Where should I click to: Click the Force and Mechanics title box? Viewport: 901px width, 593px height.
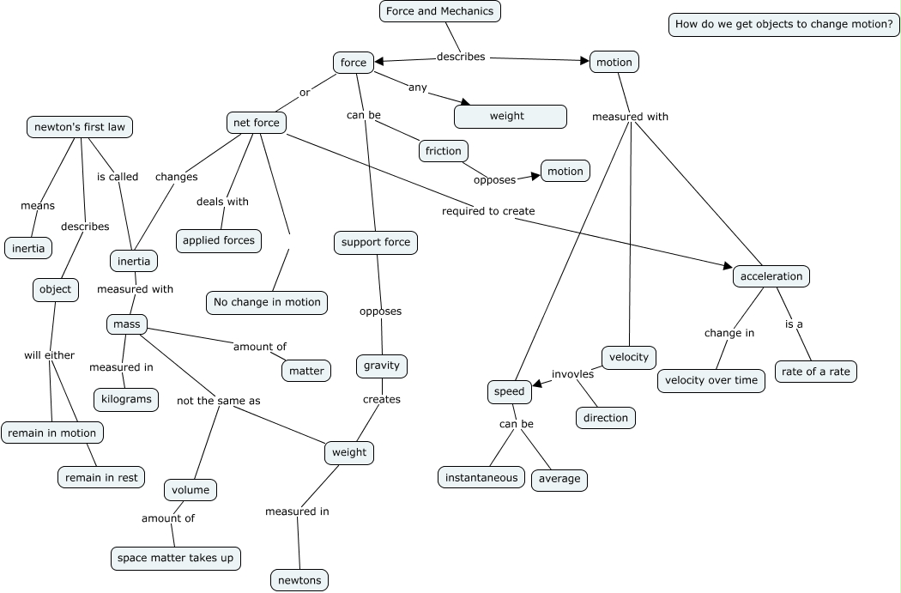[x=440, y=11]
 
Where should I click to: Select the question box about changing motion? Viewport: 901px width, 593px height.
[x=783, y=25]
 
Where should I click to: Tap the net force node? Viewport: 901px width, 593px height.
[x=257, y=123]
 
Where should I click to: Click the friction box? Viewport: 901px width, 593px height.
[x=443, y=151]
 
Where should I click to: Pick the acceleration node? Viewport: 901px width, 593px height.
[x=771, y=276]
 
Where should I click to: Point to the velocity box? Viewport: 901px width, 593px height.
[x=629, y=357]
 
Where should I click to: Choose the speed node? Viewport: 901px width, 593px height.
[x=509, y=392]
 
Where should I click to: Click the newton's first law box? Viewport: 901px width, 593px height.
[x=79, y=127]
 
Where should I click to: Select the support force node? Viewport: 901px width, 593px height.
[x=376, y=243]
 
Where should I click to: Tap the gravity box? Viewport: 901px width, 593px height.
[x=382, y=366]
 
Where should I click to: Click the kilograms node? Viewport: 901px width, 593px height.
[x=126, y=399]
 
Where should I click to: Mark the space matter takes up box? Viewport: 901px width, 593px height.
[x=175, y=559]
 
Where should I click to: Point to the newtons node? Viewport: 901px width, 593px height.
[x=299, y=580]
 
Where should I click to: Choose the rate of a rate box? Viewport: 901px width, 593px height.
[x=815, y=372]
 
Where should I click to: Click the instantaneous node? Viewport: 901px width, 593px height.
[x=481, y=477]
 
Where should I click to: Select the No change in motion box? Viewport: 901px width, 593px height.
[x=267, y=303]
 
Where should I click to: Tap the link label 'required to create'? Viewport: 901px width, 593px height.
[x=488, y=211]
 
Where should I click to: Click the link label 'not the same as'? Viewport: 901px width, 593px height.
[x=218, y=401]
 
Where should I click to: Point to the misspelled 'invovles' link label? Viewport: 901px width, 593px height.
[x=572, y=374]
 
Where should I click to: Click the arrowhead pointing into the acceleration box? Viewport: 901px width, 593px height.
[x=728, y=266]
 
